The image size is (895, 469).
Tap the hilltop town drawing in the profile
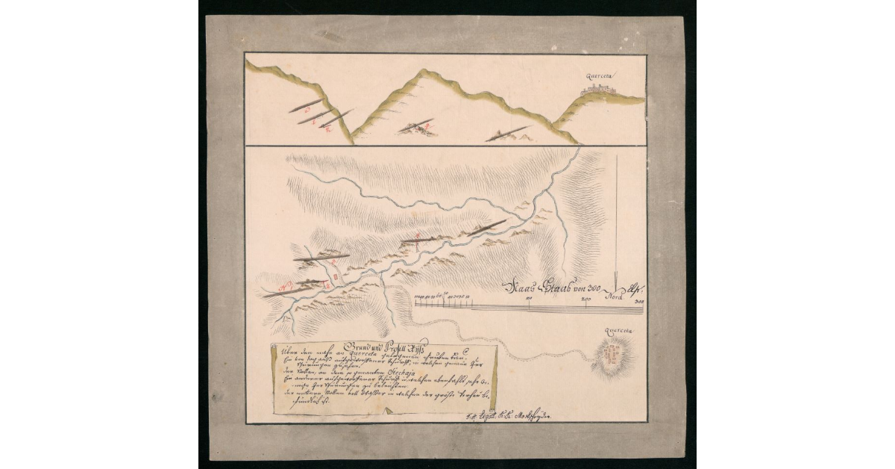[x=598, y=89]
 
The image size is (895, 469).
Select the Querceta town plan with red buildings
[x=613, y=356]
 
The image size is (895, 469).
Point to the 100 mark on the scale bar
[x=529, y=299]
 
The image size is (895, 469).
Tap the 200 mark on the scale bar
[x=585, y=299]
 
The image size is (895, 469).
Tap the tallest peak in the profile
[x=422, y=72]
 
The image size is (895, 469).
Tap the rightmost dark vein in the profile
[x=507, y=134]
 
